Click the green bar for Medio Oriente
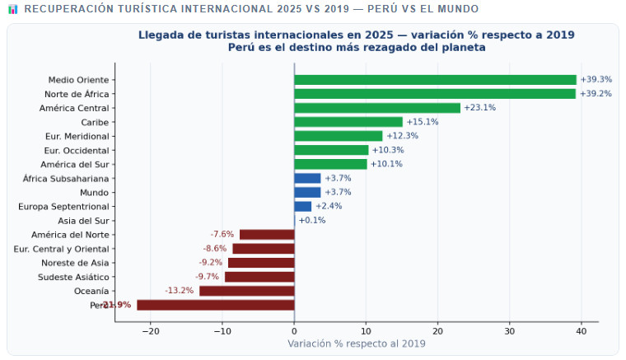pos(435,80)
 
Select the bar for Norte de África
pos(435,94)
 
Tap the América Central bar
pos(377,108)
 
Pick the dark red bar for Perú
pos(216,305)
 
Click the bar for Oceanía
pos(247,291)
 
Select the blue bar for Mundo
pos(307,192)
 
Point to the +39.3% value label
pos(596,80)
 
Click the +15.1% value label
pos(423,122)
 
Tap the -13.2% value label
pos(180,291)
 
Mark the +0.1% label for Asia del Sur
pos(312,221)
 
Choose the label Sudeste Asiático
pos(73,277)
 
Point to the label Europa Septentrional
pos(63,206)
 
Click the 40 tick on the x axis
pos(582,331)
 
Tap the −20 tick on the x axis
pos(150,331)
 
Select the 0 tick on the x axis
pos(294,331)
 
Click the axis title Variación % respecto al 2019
pos(357,344)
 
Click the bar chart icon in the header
pos(12,9)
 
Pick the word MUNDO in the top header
pos(456,9)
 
